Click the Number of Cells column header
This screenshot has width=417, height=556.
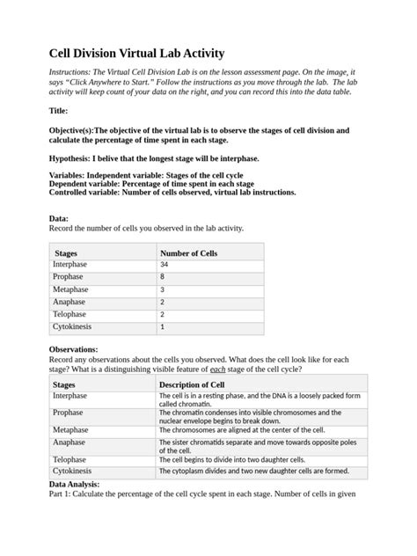[188, 252]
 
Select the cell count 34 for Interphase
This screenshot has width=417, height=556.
[165, 265]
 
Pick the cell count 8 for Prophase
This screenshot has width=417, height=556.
[162, 277]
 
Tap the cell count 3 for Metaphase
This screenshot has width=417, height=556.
[162, 289]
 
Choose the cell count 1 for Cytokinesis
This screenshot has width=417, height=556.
[162, 327]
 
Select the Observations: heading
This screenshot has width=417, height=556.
[73, 349]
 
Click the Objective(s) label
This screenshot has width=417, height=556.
[71, 128]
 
